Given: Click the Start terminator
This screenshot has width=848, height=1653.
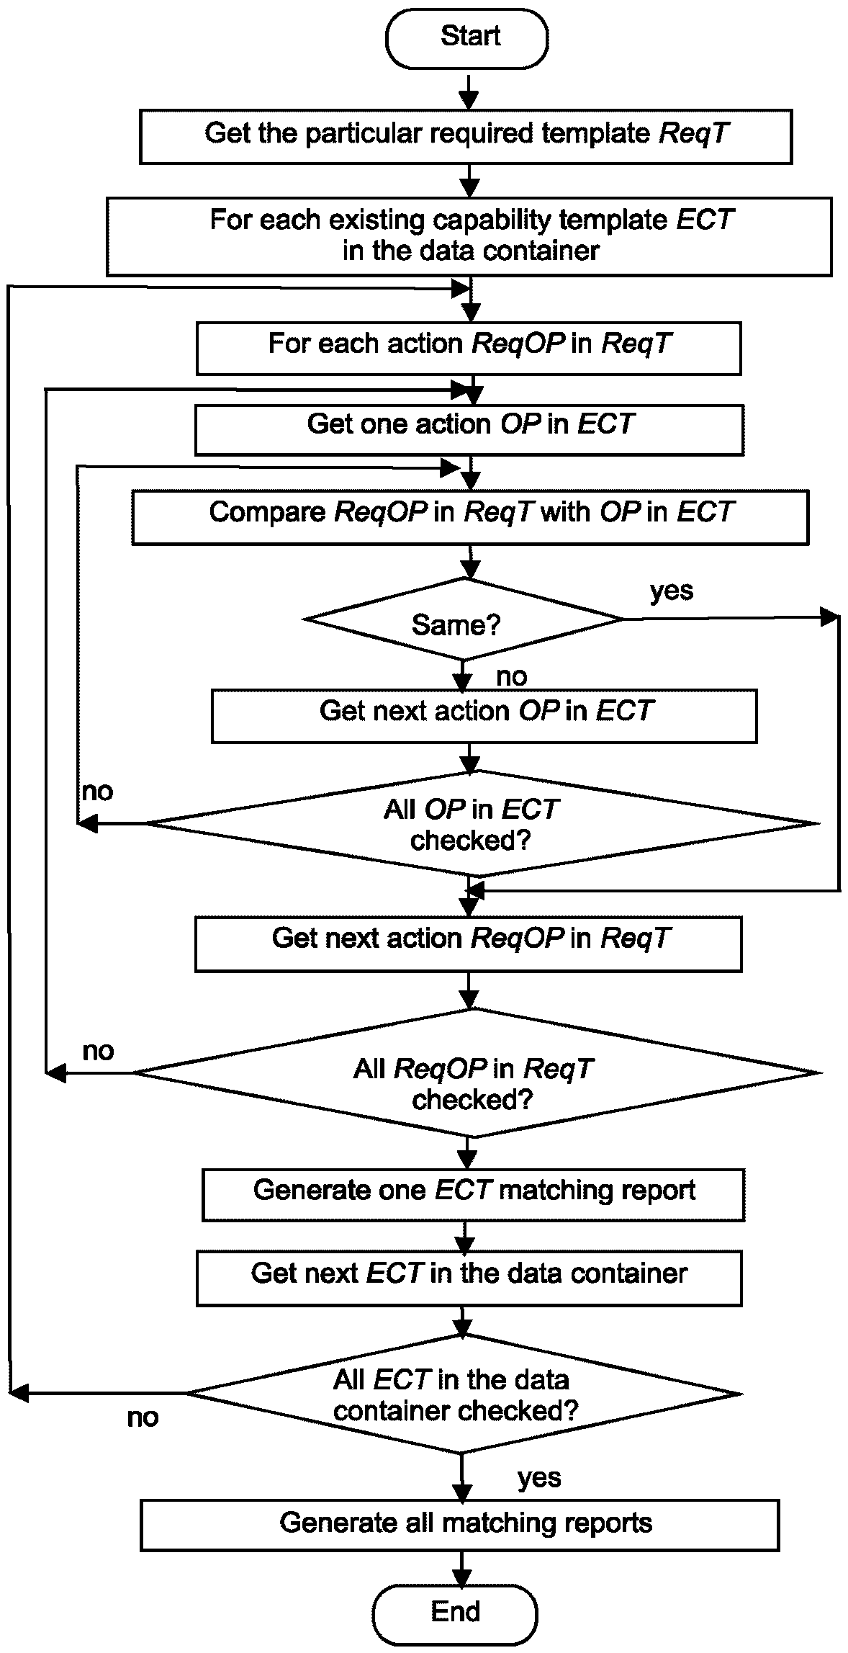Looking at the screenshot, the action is (x=466, y=37).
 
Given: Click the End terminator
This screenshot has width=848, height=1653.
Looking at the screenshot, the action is (x=455, y=1612).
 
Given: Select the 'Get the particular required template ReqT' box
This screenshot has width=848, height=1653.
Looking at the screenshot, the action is (x=466, y=136).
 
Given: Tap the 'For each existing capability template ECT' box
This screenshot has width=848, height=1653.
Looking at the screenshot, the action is (x=469, y=236).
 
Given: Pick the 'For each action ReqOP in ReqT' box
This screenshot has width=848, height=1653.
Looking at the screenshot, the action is (x=469, y=349).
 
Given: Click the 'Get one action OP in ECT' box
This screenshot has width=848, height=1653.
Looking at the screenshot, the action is (x=469, y=430).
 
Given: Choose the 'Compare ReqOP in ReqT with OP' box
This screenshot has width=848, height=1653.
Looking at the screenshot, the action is (x=470, y=517).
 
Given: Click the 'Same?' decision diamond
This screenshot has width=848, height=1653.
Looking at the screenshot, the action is (x=464, y=619).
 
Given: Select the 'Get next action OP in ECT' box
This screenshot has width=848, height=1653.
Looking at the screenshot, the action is (x=484, y=716).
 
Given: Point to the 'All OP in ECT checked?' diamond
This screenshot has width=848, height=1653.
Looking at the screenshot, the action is (x=482, y=824).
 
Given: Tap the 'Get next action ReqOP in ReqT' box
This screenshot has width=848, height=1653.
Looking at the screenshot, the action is (x=469, y=944).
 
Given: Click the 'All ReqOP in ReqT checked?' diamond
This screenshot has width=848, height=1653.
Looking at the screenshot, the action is (x=477, y=1072).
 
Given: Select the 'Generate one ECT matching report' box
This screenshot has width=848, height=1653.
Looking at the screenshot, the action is (x=474, y=1195).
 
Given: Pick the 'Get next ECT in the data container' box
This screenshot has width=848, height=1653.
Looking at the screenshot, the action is (x=469, y=1278).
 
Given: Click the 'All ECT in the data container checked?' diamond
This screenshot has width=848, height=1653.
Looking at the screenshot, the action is (x=464, y=1394).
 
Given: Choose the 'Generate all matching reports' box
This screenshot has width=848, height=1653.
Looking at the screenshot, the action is (x=460, y=1525).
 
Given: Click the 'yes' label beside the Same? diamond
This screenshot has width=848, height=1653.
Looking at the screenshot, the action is (x=672, y=591).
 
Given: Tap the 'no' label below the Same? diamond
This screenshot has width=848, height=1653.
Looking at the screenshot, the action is (x=512, y=676).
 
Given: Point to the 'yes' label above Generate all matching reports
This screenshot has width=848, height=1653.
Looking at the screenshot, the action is (x=539, y=1479).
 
